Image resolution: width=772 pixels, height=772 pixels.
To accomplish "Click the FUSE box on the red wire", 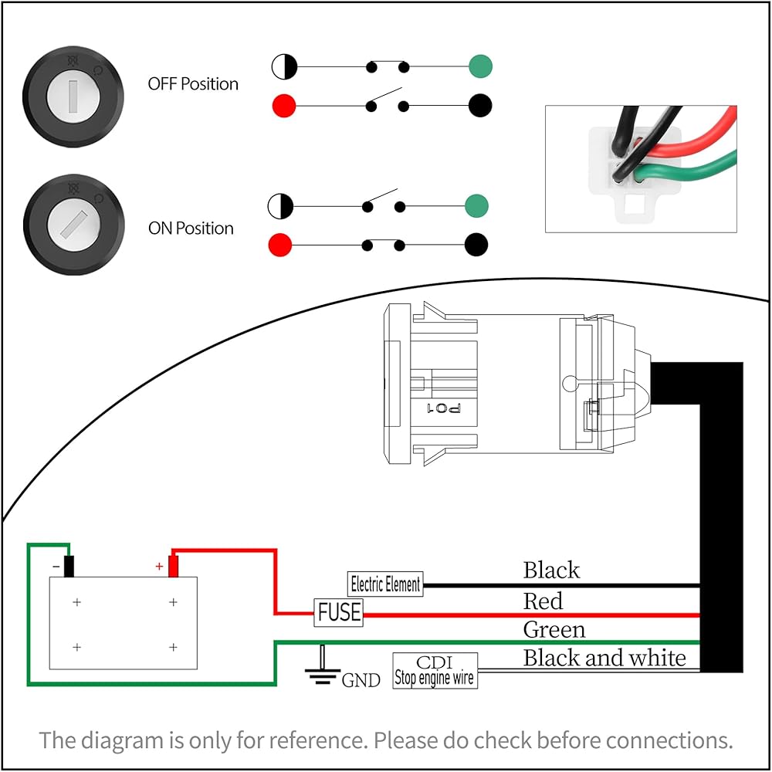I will tap(339, 612).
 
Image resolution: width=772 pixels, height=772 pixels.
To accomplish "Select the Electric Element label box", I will tap(385, 584).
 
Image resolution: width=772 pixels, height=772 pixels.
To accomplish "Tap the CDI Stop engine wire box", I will tap(435, 671).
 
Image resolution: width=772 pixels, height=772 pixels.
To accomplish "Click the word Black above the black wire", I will tap(551, 571).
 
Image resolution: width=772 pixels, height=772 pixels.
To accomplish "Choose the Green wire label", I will tap(554, 630).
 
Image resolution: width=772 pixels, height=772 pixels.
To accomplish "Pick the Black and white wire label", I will tap(604, 658).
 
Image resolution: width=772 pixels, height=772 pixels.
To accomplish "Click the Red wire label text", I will tap(543, 601).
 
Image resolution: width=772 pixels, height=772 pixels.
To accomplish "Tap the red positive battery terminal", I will tap(173, 566).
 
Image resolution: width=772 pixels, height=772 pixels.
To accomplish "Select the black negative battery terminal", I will tap(69, 566).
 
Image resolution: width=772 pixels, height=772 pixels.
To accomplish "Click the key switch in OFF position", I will tap(73, 94).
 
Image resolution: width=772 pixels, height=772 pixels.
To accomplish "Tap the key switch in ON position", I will tap(73, 225).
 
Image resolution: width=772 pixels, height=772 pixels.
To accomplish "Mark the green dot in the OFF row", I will tap(480, 67).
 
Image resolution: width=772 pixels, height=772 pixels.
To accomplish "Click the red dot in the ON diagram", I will tap(279, 246).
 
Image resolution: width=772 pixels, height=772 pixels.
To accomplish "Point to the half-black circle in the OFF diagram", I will tap(284, 67).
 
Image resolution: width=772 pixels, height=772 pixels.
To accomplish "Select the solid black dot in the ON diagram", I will tap(477, 245).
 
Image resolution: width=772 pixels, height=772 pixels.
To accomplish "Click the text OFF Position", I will tap(193, 83).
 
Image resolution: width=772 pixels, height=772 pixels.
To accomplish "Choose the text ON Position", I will tap(191, 229).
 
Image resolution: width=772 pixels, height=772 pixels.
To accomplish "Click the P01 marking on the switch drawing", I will tap(444, 408).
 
